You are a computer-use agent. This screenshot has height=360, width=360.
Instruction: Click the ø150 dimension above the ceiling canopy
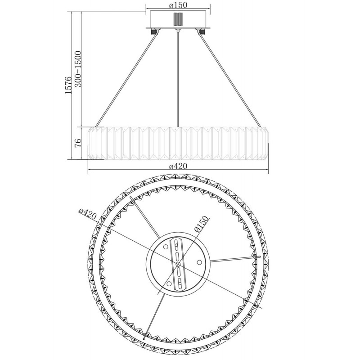178,5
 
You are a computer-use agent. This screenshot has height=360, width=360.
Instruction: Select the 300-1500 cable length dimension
78,69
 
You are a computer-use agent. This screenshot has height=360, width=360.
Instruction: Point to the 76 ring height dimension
78,143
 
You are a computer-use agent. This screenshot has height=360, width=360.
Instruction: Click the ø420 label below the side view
178,166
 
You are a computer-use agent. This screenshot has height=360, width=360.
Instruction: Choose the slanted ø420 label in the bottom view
87,214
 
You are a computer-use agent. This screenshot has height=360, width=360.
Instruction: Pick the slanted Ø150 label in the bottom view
201,225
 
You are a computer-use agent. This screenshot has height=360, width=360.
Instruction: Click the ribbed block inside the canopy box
178,19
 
